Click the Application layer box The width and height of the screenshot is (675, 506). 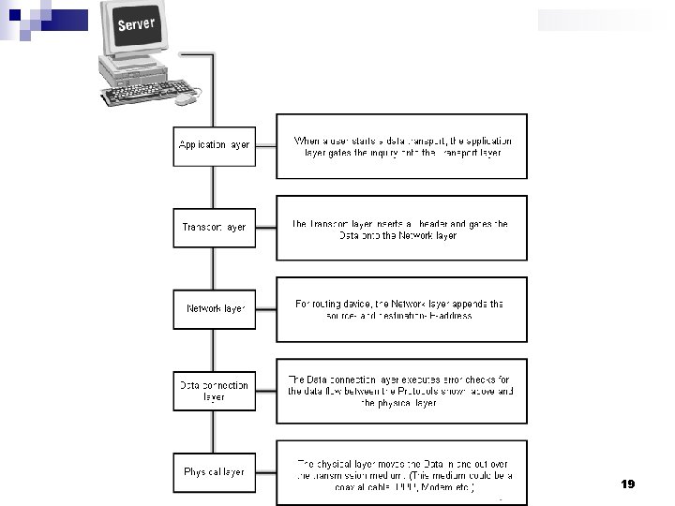pos(214,145)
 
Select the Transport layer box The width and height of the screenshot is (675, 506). pos(214,227)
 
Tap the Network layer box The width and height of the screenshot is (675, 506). pos(214,308)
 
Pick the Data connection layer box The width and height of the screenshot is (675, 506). pos(214,390)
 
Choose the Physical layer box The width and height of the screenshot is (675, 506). pos(214,471)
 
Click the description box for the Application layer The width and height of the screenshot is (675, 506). pos(401,146)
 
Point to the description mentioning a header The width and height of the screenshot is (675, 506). pos(401,228)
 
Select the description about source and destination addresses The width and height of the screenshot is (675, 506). pos(401,309)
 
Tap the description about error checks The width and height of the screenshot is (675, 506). pos(401,391)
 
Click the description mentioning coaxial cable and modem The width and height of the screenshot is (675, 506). pos(401,473)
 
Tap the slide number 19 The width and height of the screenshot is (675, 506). pos(628,484)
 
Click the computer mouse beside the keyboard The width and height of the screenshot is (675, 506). pos(188,97)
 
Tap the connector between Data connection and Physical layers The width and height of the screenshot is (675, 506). pos(214,431)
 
